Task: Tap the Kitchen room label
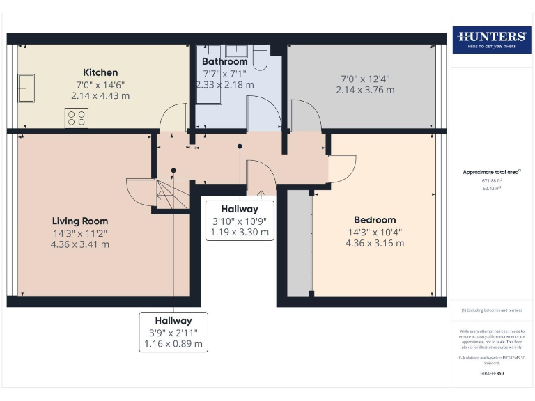(100, 72)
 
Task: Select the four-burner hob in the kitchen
(76, 118)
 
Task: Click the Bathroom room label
(225, 62)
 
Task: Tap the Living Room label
(80, 221)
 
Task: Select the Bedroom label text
(374, 219)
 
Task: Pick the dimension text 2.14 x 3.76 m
(365, 90)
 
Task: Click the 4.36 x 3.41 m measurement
(80, 244)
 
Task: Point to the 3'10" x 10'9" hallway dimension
(240, 221)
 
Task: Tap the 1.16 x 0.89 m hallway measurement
(173, 344)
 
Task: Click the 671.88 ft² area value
(492, 180)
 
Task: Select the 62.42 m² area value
(492, 189)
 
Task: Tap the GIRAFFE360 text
(492, 374)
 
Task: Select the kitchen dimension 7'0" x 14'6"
(100, 84)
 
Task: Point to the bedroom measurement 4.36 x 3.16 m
(374, 243)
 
